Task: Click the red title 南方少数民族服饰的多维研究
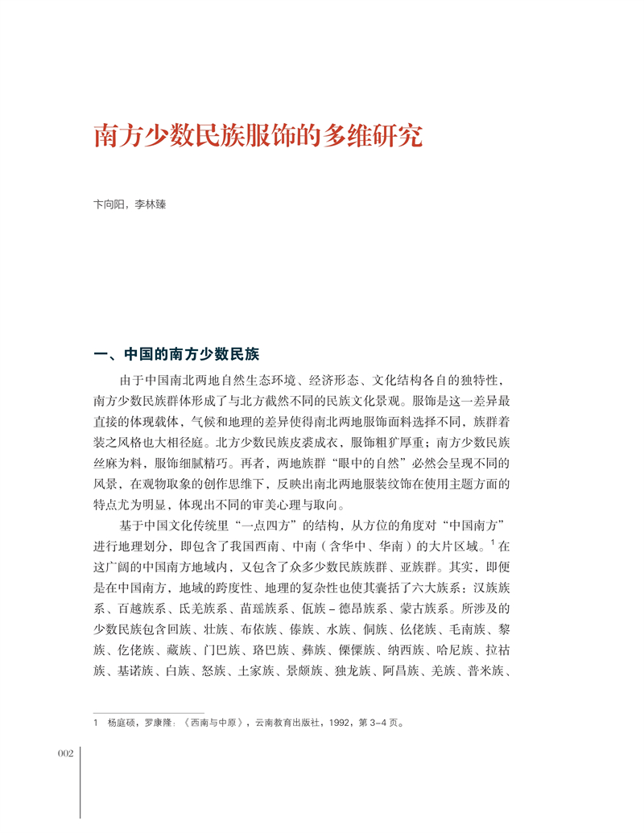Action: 258,135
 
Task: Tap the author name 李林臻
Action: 151,205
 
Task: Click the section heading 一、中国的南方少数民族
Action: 176,355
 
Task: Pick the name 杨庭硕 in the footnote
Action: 121,722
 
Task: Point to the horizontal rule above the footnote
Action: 149,711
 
